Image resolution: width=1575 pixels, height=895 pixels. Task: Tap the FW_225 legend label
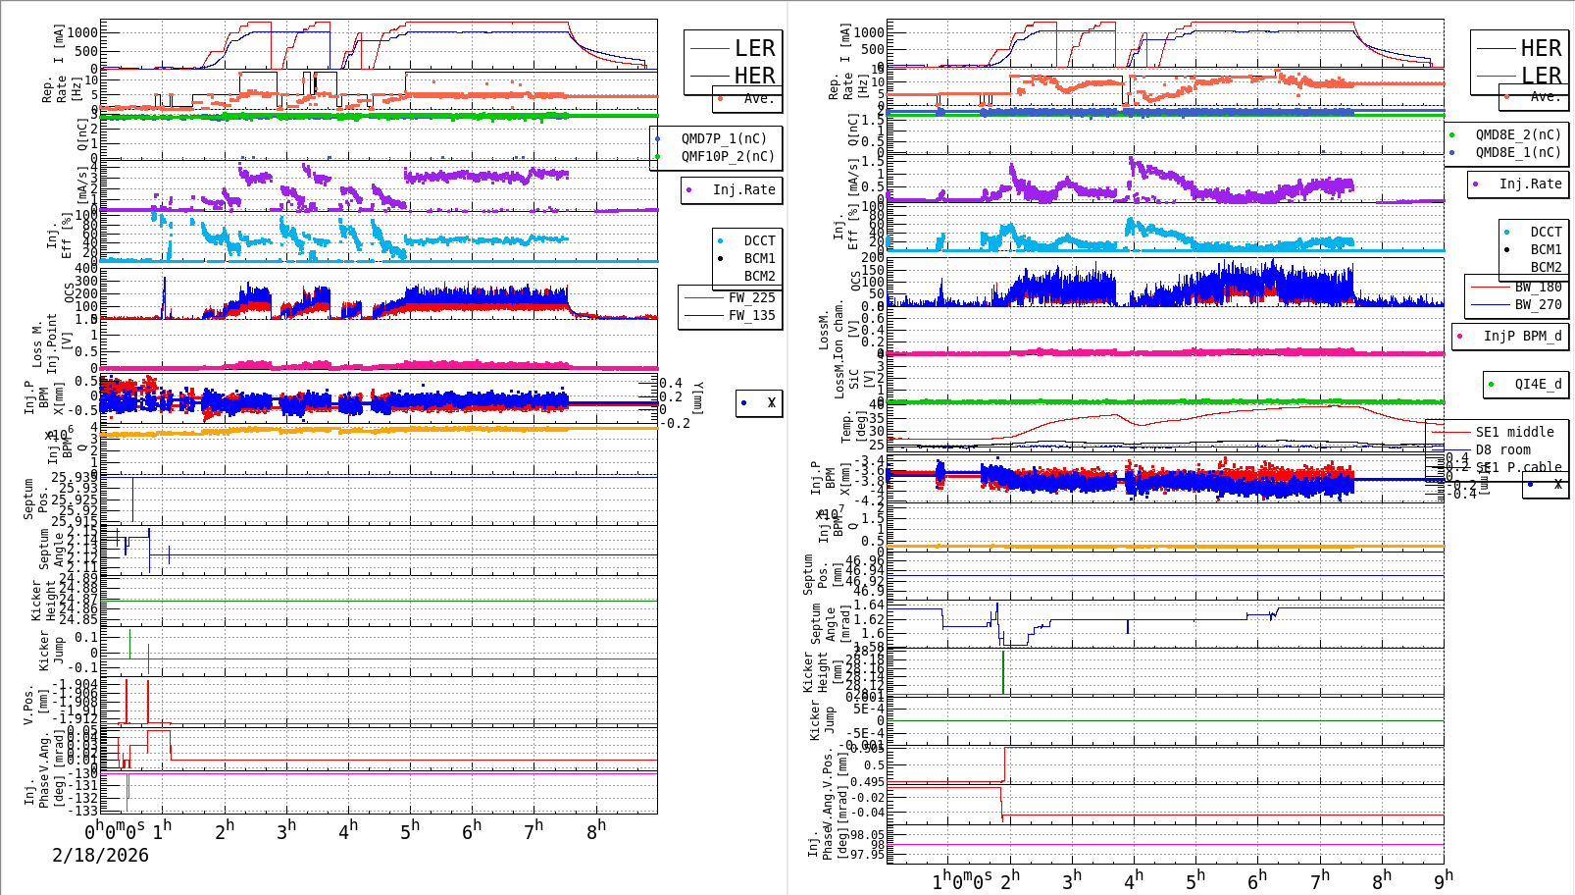click(751, 297)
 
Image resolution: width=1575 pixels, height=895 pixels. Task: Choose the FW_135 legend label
click(751, 315)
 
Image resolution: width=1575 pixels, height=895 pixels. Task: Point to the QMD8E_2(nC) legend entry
click(1518, 134)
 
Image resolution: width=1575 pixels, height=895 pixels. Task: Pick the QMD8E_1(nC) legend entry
click(1518, 152)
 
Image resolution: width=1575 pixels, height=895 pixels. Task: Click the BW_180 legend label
click(1538, 287)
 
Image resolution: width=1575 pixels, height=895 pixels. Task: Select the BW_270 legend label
click(1538, 304)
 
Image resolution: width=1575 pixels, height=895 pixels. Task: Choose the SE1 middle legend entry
click(1514, 432)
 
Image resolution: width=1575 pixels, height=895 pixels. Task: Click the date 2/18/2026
click(100, 855)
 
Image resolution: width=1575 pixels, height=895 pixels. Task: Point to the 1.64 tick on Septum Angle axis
click(869, 605)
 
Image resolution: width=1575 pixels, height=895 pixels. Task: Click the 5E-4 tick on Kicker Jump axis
click(868, 709)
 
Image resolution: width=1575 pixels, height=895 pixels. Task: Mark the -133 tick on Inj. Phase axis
click(85, 810)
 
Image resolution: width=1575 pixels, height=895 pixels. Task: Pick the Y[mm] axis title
click(698, 397)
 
